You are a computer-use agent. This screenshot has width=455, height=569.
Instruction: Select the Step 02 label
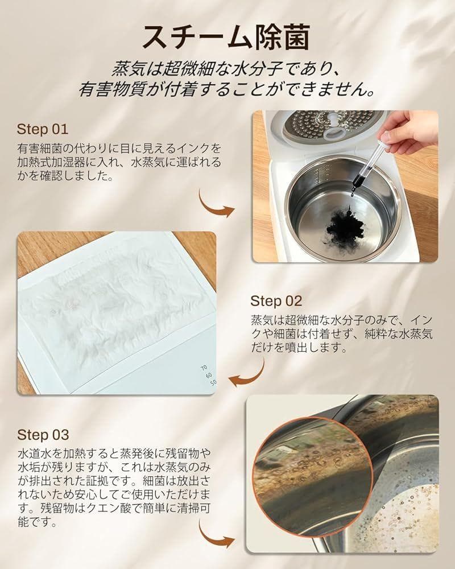point(276,300)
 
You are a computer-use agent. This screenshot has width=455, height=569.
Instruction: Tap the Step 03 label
point(43,435)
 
